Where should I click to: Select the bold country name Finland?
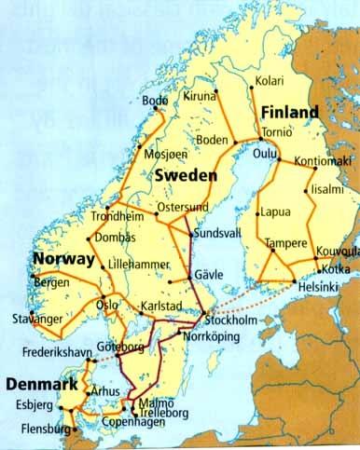coord(289,112)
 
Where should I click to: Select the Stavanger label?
coord(35,319)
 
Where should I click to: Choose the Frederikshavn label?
coord(47,353)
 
